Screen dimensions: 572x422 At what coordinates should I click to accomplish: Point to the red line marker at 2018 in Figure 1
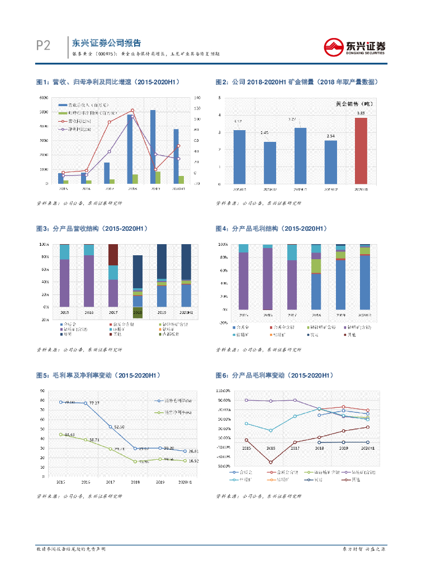[132, 110]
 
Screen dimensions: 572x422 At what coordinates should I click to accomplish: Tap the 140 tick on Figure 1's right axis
[197, 98]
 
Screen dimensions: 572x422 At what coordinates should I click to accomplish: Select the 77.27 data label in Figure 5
[94, 403]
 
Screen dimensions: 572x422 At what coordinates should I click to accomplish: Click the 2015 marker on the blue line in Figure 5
[61, 402]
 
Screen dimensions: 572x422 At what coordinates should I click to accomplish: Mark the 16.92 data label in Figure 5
[193, 461]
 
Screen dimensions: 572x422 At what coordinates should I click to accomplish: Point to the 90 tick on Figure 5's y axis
[42, 391]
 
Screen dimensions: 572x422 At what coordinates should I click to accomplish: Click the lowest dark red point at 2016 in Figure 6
[271, 462]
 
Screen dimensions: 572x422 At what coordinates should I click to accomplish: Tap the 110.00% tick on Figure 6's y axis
[223, 390]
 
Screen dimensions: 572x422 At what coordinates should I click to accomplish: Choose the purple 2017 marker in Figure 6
[295, 400]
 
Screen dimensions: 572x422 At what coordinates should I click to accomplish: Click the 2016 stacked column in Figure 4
[268, 277]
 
